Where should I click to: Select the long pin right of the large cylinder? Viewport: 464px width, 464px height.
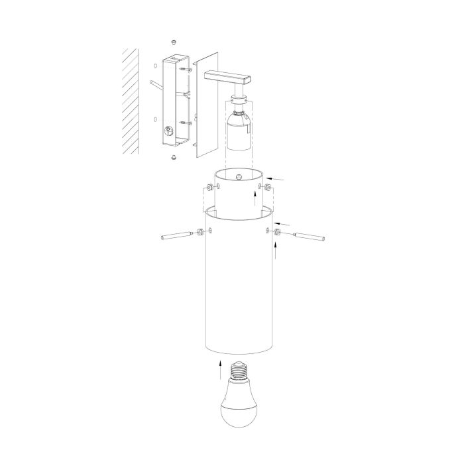click(309, 235)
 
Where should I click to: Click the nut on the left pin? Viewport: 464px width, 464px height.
click(199, 232)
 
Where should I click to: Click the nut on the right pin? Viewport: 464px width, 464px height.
click(275, 232)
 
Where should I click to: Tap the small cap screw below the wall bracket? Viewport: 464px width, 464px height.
click(173, 156)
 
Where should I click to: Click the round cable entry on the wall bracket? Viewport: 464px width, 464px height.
click(168, 131)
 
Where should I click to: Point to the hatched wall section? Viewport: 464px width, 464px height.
click(130, 99)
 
